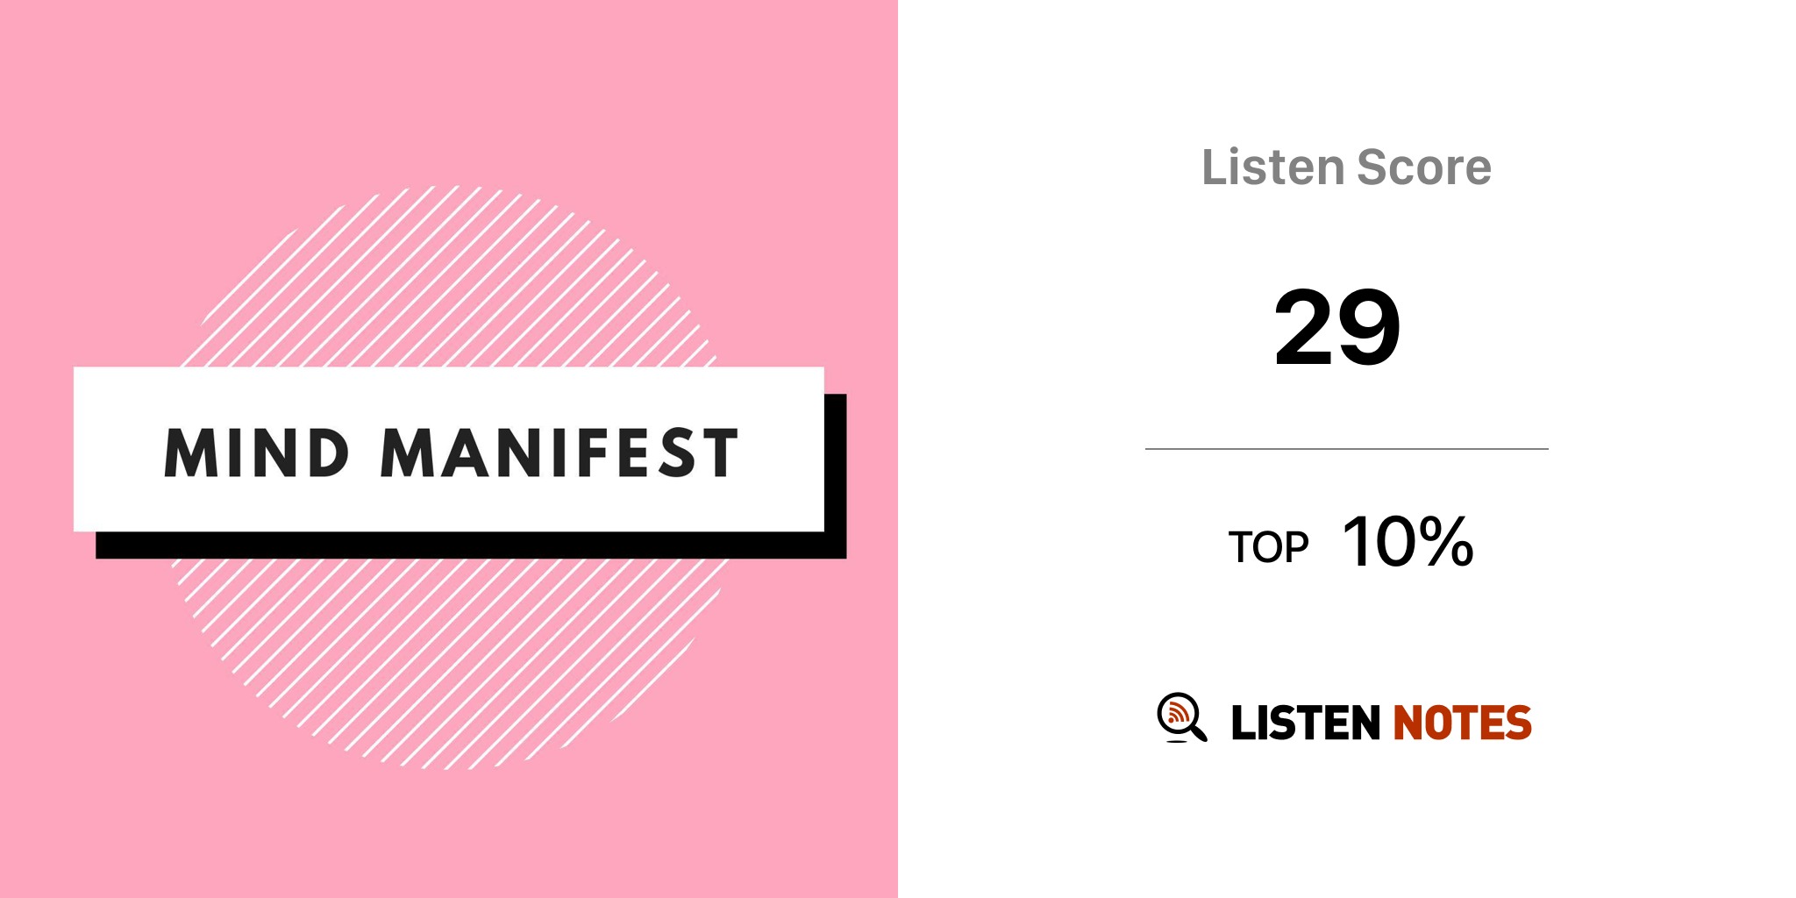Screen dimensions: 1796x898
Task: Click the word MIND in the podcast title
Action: click(x=257, y=453)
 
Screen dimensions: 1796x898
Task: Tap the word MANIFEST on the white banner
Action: click(x=559, y=453)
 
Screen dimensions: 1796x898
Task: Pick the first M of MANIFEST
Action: click(x=409, y=453)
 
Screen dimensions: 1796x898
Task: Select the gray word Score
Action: click(x=1424, y=167)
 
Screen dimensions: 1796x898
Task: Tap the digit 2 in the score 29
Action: click(x=1305, y=327)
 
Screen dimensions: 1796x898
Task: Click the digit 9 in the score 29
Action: click(x=1369, y=327)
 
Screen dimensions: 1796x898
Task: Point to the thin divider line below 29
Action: click(x=1347, y=449)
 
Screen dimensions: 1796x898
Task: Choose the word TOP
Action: click(x=1268, y=547)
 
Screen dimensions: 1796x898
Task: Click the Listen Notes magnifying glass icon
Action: click(x=1181, y=717)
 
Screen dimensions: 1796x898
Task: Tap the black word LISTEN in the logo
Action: click(x=1306, y=723)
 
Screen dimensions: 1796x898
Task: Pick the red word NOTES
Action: click(x=1462, y=723)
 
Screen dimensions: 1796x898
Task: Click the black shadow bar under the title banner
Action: click(x=471, y=545)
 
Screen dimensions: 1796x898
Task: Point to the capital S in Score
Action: click(x=1373, y=167)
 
